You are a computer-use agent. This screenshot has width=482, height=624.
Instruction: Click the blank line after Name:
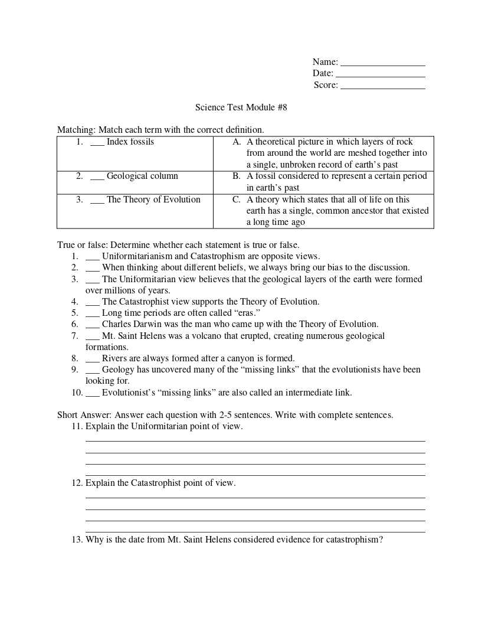coord(383,64)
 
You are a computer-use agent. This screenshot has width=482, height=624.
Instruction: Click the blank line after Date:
coord(380,76)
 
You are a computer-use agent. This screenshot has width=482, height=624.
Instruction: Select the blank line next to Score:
coord(383,87)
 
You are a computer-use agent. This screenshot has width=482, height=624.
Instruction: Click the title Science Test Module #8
coord(241,107)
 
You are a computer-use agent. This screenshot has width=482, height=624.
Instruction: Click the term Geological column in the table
coord(142,176)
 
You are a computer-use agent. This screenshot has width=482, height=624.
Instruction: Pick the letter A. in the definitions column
coord(237,142)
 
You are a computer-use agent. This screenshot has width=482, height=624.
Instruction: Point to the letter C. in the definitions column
coord(237,200)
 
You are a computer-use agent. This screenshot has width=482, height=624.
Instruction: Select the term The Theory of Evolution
coord(153,200)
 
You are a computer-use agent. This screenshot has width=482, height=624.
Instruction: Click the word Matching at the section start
coord(75,130)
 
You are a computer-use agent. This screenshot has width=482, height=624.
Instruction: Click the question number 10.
coord(77,393)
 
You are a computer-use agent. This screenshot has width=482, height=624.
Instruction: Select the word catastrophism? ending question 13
coord(354,540)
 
